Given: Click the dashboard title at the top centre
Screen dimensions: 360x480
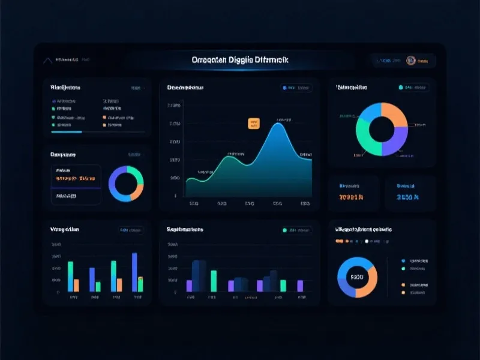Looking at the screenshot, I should click(x=239, y=60).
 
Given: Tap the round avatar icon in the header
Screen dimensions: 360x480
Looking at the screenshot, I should click(x=411, y=60).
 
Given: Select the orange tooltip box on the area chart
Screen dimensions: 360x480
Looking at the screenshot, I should click(x=254, y=124).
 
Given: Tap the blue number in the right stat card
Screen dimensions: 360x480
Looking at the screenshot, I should click(x=407, y=197).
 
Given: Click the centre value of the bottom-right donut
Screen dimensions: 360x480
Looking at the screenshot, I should click(x=357, y=277).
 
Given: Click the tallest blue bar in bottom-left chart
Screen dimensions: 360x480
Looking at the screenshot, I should click(x=134, y=272).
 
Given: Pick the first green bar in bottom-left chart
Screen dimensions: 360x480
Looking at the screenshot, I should click(x=71, y=277).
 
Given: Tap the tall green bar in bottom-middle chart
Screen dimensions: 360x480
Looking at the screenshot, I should click(x=214, y=281).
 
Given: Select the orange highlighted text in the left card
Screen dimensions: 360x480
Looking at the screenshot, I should click(x=75, y=178).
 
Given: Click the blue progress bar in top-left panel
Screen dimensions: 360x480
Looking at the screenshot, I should click(x=67, y=131).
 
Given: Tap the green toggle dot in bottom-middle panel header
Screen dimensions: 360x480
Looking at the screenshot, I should click(x=285, y=230).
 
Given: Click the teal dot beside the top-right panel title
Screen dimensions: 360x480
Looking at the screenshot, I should click(x=400, y=88).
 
